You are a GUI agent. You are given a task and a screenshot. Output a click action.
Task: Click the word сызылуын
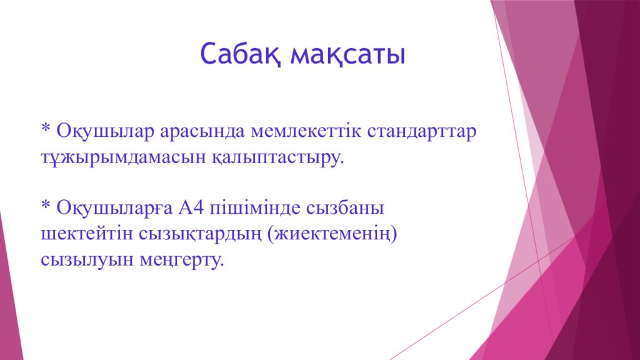(x=84, y=259)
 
